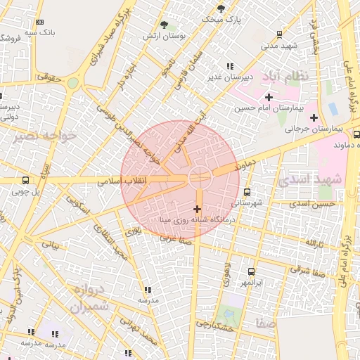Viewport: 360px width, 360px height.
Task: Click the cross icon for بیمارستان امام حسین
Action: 269,96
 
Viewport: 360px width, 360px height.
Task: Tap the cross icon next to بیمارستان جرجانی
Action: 314,117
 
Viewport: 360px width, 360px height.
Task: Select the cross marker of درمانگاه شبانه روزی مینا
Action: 197,209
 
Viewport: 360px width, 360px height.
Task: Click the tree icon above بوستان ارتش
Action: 164,25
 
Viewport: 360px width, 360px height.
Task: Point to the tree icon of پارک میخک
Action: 221,8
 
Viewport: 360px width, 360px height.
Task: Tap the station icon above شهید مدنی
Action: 279,34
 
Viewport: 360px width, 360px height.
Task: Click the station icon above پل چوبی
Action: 26,180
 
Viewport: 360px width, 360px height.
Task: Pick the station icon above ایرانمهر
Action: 251,271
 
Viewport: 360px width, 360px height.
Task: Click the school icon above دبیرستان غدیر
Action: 230,66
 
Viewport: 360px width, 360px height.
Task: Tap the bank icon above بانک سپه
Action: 39,22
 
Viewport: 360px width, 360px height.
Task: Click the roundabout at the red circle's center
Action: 198,177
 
